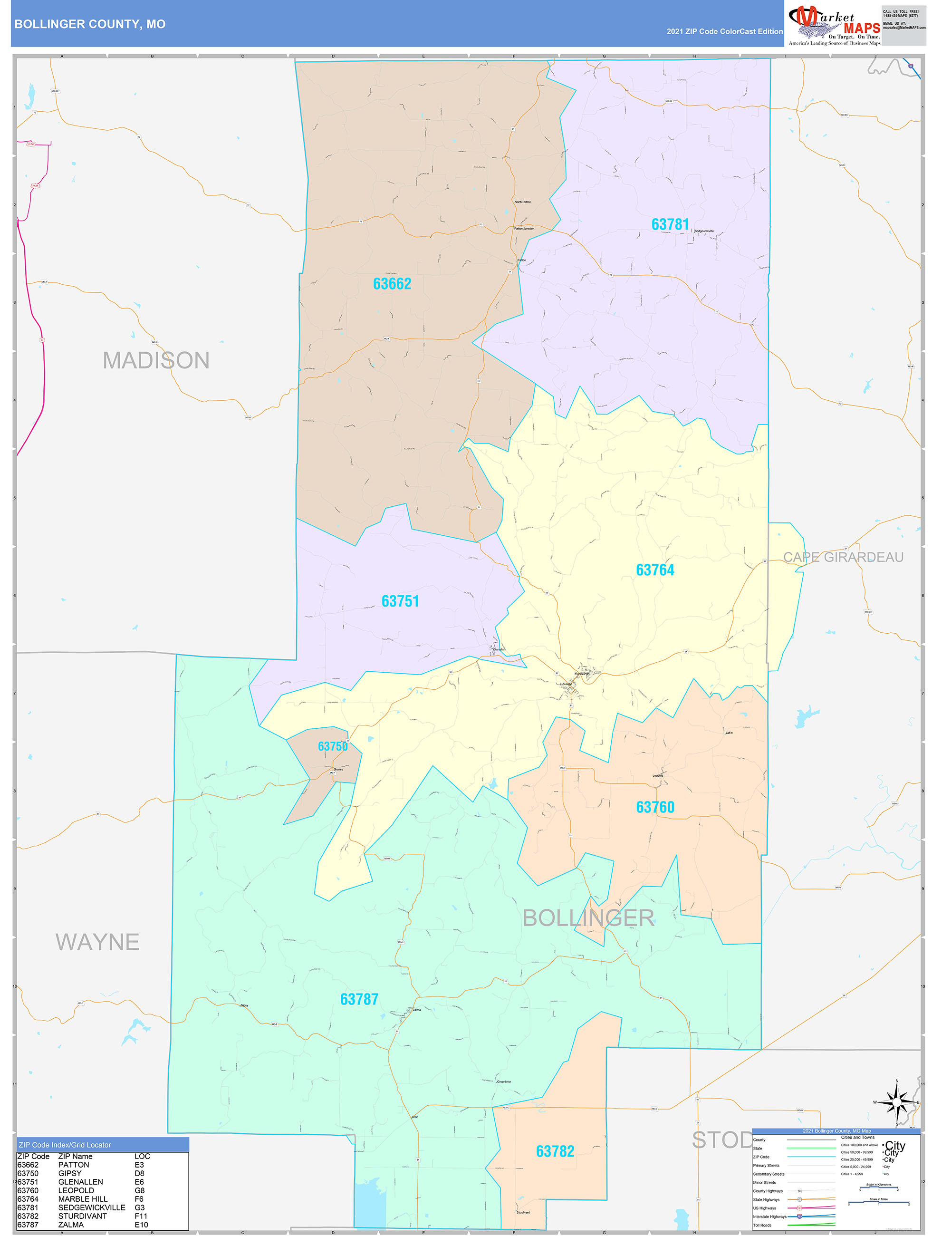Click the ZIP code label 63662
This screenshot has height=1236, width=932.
(392, 284)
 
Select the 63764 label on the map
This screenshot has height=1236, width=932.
(655, 570)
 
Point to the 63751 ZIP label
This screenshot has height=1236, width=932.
(400, 601)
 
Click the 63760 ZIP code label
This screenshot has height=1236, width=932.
(655, 807)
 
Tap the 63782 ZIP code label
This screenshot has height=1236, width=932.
(555, 1151)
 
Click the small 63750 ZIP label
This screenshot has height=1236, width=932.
(333, 746)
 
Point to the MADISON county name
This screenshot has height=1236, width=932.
(156, 360)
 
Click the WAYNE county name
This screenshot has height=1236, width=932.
(97, 942)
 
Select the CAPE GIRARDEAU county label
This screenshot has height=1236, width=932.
(843, 557)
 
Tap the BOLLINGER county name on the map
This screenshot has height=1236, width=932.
(588, 918)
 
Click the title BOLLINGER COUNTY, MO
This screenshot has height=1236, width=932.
(90, 24)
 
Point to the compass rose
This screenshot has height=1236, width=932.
(897, 1103)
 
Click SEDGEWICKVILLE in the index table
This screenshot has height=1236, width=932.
(92, 1207)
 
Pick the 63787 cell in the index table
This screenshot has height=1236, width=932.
(28, 1224)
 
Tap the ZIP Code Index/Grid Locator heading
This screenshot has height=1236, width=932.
(65, 1144)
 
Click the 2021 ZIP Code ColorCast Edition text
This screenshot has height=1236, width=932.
(724, 31)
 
